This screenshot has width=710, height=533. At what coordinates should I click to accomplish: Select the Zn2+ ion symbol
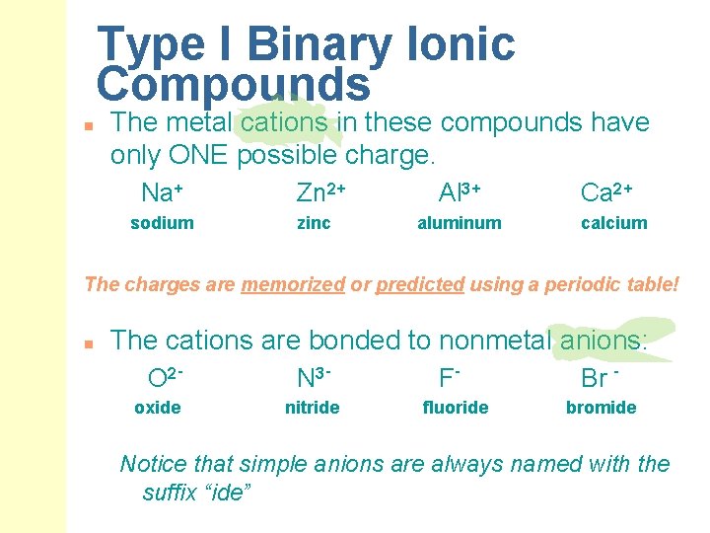tap(320, 190)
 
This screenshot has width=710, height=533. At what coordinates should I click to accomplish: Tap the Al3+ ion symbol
tap(459, 190)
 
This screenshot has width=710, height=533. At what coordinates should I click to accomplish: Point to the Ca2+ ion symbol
tap(606, 190)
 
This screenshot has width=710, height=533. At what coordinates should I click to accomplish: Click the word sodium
tap(162, 223)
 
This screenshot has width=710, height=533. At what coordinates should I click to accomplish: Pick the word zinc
tap(314, 223)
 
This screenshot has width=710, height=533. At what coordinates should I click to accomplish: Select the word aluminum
tap(459, 223)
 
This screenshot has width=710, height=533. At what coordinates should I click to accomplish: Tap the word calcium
tap(613, 223)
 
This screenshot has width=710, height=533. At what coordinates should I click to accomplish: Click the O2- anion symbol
tap(167, 377)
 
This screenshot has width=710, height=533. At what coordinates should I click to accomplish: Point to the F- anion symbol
tap(450, 377)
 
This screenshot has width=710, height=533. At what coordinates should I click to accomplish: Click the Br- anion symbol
tap(600, 377)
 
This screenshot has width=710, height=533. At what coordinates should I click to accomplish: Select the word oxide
tap(158, 408)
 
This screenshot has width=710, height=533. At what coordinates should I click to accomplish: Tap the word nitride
tap(312, 408)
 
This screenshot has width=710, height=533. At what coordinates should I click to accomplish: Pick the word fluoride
tap(455, 408)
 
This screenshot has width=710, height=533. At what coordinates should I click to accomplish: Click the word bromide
tap(601, 408)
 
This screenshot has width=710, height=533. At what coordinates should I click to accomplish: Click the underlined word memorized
tap(293, 284)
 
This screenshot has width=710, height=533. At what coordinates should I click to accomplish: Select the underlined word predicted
tap(419, 284)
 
